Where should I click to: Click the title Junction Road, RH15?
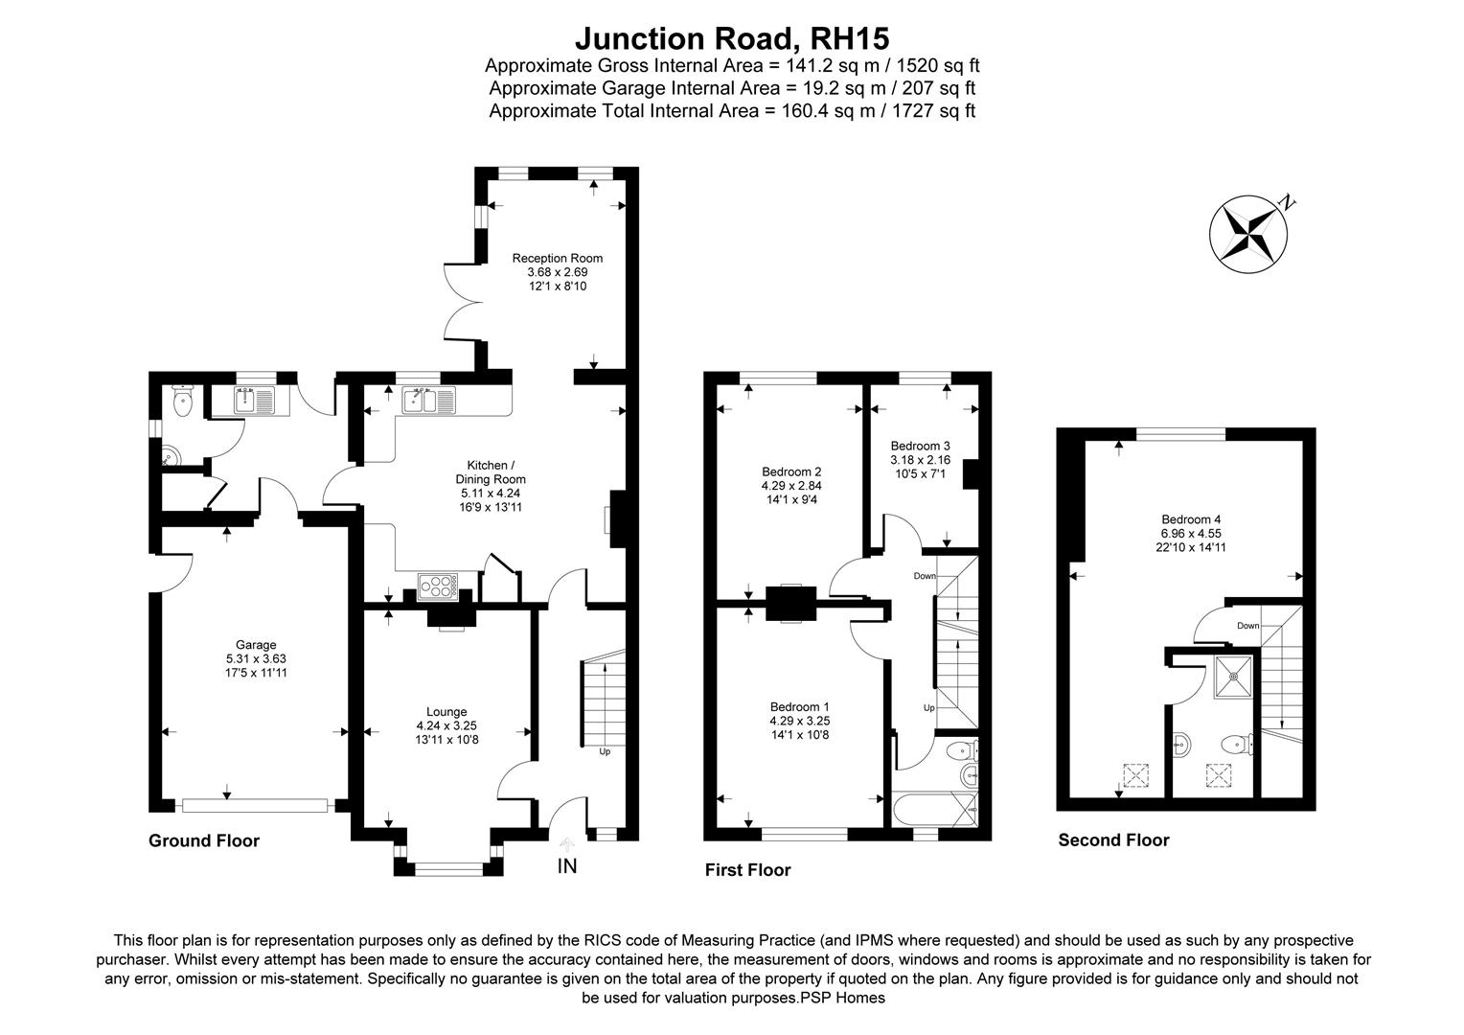pos(732,38)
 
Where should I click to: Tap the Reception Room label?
pos(557,258)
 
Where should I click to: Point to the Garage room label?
pos(256,645)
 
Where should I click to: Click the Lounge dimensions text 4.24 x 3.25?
pos(446,725)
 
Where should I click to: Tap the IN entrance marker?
pos(567,866)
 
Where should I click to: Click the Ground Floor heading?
pos(204,840)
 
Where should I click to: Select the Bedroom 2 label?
pos(791,471)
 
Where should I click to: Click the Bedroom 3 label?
pos(920,446)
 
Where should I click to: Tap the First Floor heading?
pos(747,870)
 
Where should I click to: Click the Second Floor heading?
pos(1113,840)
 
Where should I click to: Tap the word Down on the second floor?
pos(1247,626)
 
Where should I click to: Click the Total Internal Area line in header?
pos(732,110)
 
